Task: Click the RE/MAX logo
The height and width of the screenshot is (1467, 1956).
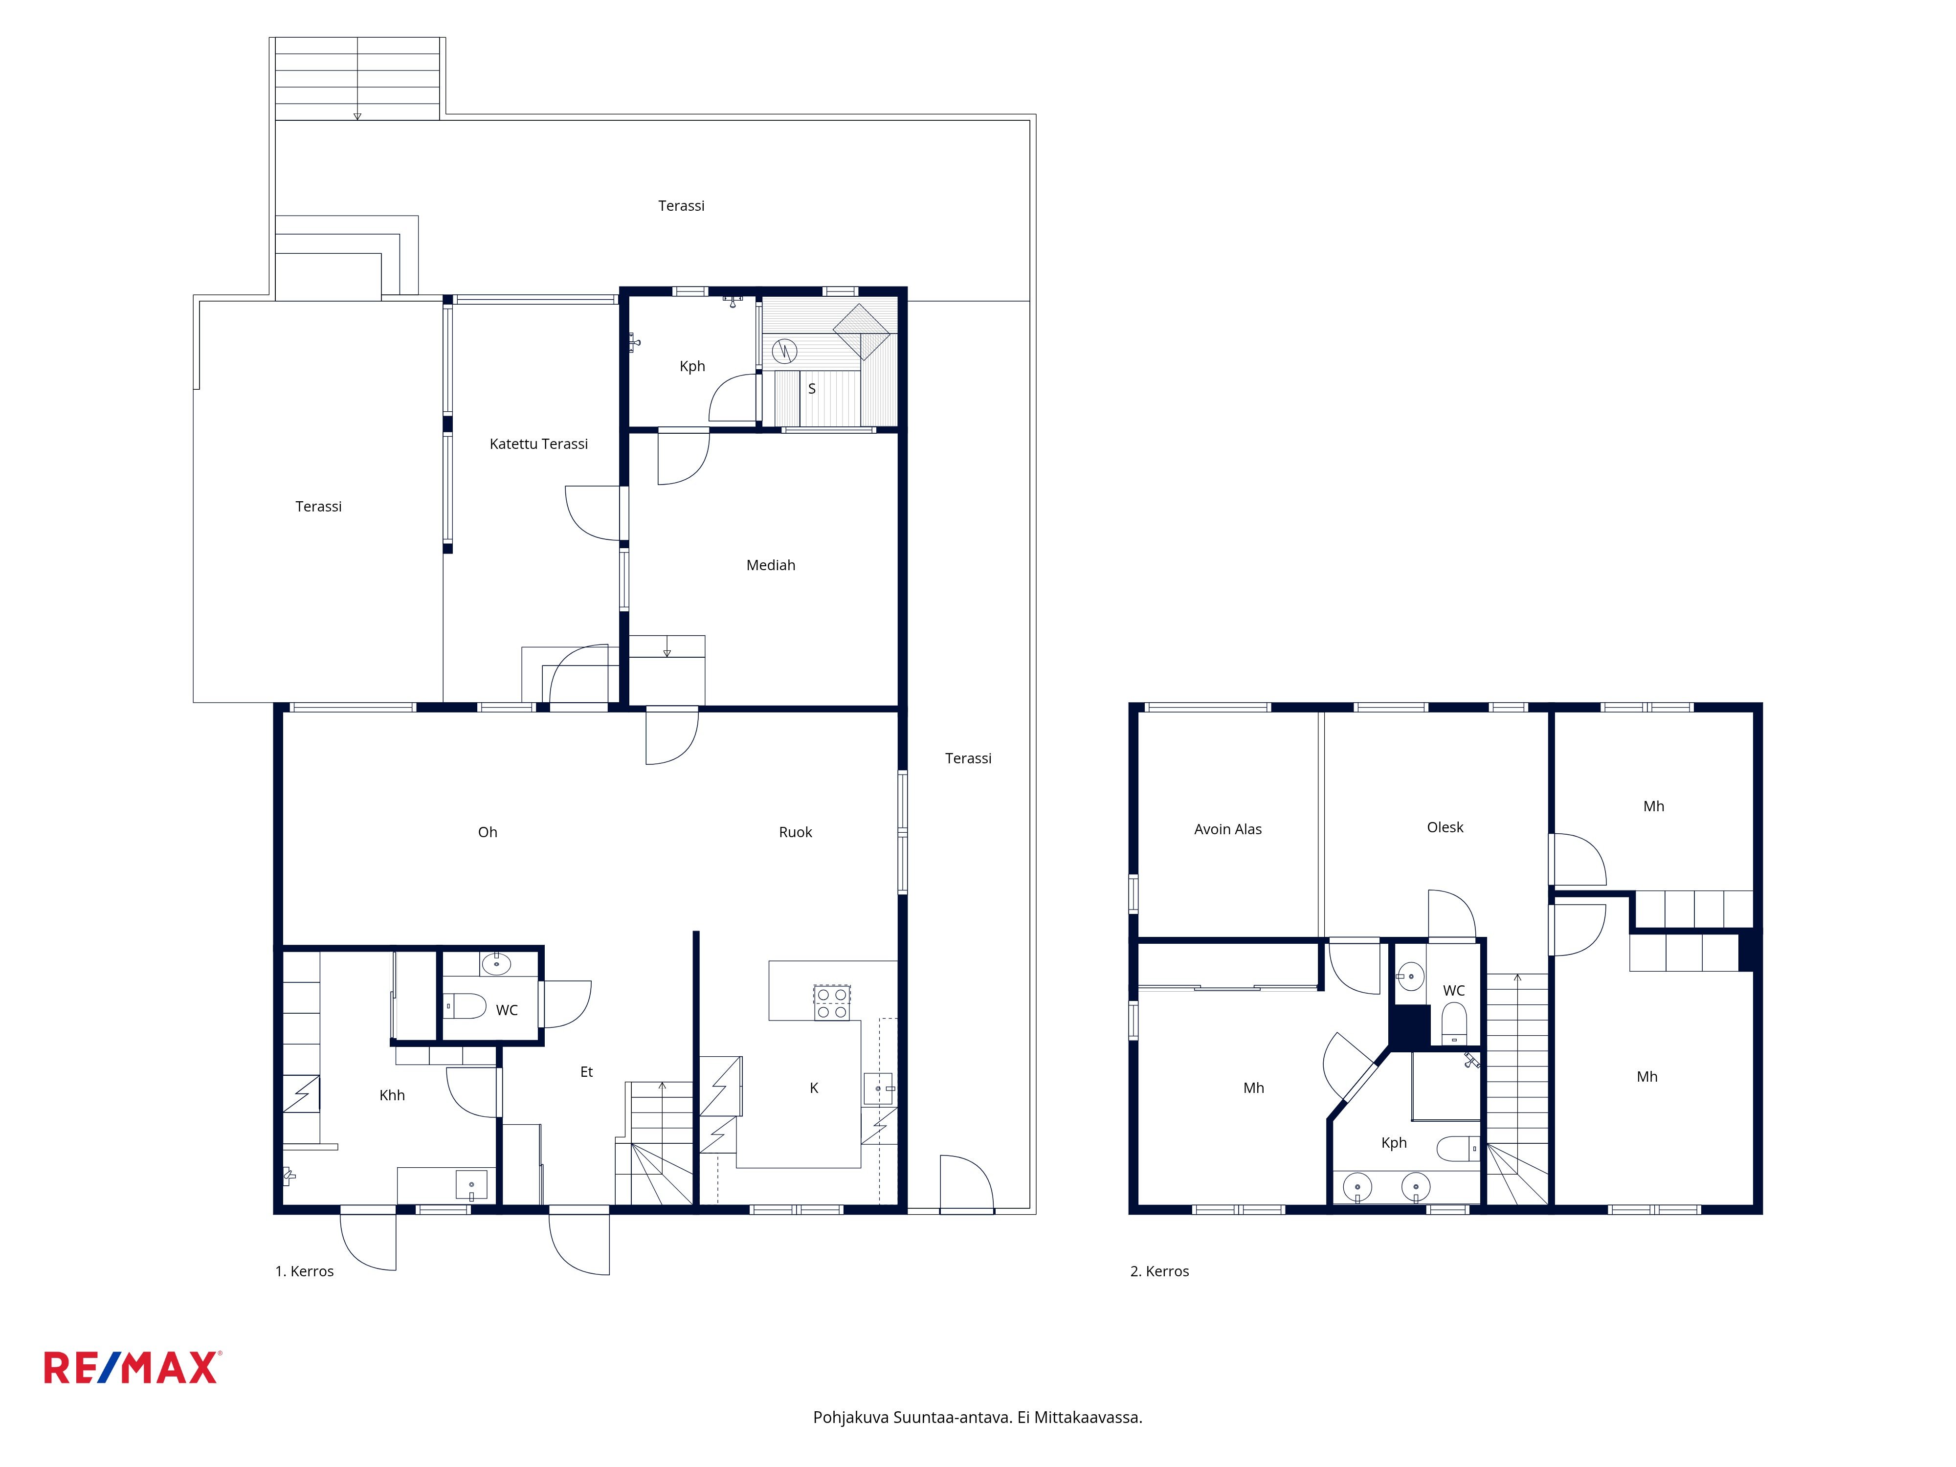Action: [x=132, y=1367]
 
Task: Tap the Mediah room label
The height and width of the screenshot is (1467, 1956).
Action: [x=770, y=565]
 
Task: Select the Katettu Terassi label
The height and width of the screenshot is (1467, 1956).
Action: [x=538, y=444]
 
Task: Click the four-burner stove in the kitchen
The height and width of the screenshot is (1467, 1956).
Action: [x=832, y=1003]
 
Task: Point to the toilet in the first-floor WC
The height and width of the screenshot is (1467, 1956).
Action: [x=465, y=1006]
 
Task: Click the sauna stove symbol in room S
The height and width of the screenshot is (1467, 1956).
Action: [x=784, y=351]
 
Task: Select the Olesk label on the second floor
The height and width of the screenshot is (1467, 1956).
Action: [x=1445, y=828]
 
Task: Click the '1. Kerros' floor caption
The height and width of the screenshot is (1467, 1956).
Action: [x=304, y=1271]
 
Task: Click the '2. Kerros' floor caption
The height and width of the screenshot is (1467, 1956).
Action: [x=1159, y=1271]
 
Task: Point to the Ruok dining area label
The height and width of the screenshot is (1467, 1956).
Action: [x=795, y=832]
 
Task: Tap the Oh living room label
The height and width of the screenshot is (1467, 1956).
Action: [x=487, y=832]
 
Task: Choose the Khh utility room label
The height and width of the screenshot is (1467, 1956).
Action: [x=392, y=1096]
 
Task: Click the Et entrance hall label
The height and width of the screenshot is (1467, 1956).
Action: [x=586, y=1072]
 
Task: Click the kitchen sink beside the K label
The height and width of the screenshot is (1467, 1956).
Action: [x=878, y=1089]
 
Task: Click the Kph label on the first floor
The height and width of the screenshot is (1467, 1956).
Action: [x=692, y=366]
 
